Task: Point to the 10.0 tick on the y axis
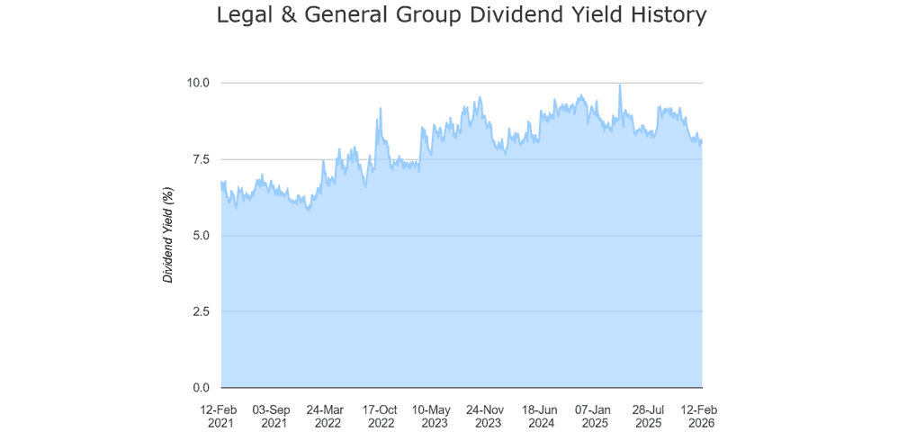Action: pyautogui.click(x=197, y=83)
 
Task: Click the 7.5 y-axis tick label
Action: pyautogui.click(x=200, y=159)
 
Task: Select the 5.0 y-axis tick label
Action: pyautogui.click(x=200, y=236)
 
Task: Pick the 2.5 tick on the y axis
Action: pyautogui.click(x=200, y=311)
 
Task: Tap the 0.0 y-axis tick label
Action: pyautogui.click(x=200, y=388)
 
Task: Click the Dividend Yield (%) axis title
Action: pyautogui.click(x=167, y=235)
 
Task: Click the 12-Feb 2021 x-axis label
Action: pyautogui.click(x=221, y=414)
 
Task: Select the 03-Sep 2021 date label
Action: pyautogui.click(x=274, y=414)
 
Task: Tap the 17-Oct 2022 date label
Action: pyautogui.click(x=382, y=414)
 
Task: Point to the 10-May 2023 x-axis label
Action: pyautogui.click(x=435, y=414)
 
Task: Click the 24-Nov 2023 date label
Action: pyautogui.click(x=489, y=414)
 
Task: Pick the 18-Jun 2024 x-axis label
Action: pyautogui.click(x=542, y=414)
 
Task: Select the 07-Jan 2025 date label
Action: pyautogui.click(x=595, y=414)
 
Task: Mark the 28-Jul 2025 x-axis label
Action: pyautogui.click(x=649, y=414)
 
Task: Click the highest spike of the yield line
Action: pyautogui.click(x=619, y=85)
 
